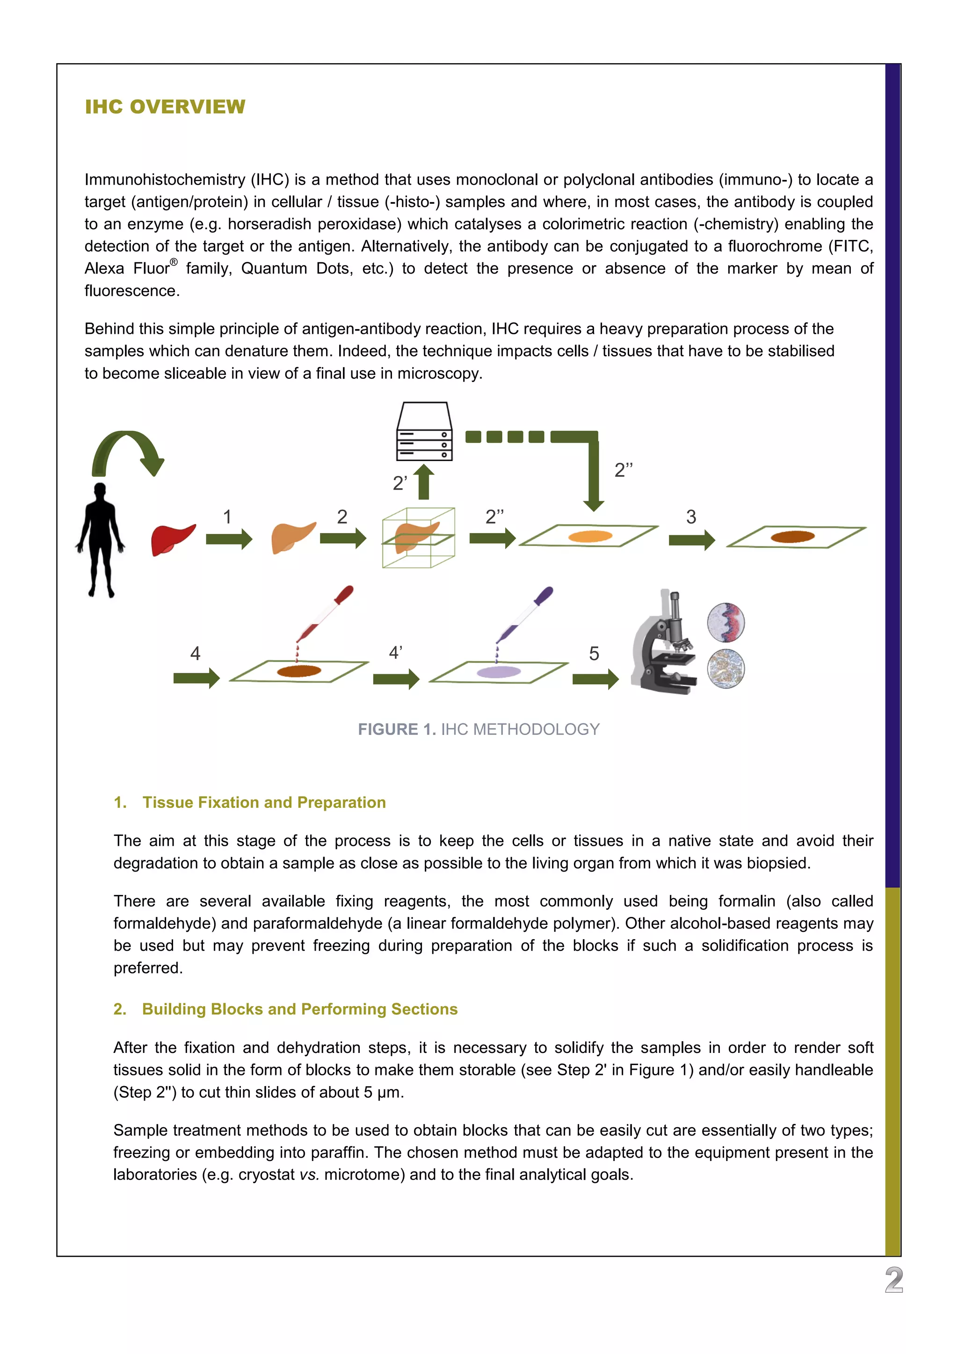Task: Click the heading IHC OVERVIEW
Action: pos(165,107)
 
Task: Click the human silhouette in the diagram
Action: pos(100,540)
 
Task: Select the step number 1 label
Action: pos(227,517)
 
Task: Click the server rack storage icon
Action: pos(424,431)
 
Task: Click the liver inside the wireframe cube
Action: pos(416,537)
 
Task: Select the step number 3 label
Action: pos(691,517)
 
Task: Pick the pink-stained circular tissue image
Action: pos(726,622)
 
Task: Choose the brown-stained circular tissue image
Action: pos(726,668)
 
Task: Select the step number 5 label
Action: pos(594,654)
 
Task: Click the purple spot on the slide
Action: pos(499,672)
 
